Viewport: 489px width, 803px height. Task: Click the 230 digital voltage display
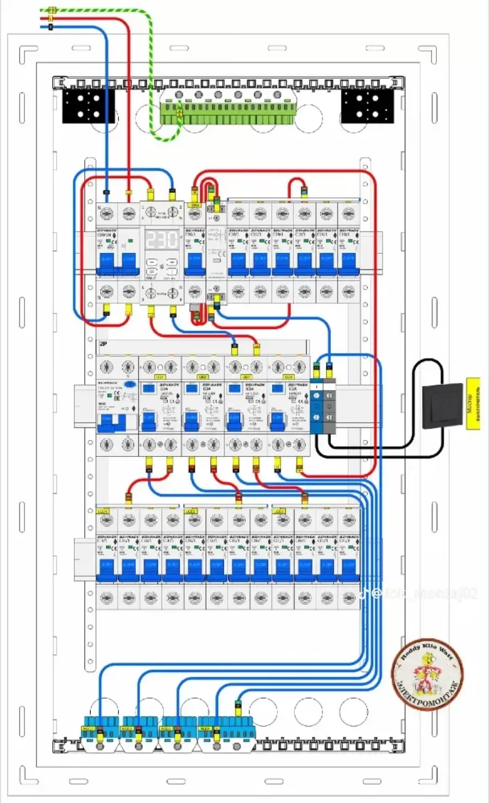(162, 239)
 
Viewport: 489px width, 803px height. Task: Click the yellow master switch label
(473, 403)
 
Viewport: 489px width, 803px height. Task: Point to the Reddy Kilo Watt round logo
(428, 673)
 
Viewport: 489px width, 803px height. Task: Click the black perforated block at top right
(367, 105)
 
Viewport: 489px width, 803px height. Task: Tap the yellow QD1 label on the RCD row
(160, 377)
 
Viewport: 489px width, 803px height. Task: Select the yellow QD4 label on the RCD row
(289, 377)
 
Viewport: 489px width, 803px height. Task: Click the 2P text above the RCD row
(103, 344)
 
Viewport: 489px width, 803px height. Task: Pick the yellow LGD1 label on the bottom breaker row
(103, 511)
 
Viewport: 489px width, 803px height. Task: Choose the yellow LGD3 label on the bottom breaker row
(279, 511)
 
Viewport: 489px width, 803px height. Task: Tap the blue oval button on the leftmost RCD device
(130, 384)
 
